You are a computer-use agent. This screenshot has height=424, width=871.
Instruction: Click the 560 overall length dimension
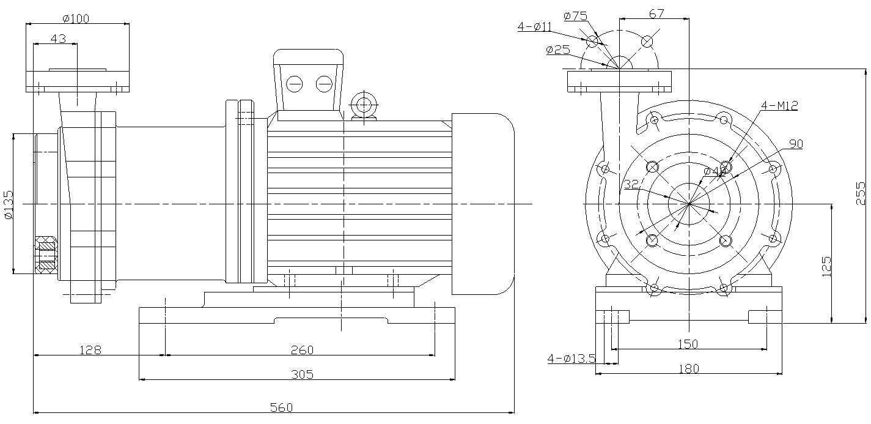tap(282, 407)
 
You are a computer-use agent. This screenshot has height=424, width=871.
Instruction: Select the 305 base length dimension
tap(302, 374)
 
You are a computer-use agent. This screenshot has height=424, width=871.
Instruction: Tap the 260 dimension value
tap(302, 349)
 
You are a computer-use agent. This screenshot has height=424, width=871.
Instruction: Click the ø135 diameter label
tap(8, 204)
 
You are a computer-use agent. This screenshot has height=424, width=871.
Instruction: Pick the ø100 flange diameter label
tap(75, 18)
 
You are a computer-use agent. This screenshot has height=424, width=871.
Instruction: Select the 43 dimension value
tap(58, 38)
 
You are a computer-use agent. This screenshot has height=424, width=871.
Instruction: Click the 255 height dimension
tap(861, 193)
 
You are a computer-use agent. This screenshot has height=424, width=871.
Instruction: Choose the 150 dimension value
tap(688, 344)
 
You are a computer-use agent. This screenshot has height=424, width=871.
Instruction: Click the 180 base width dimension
tap(688, 368)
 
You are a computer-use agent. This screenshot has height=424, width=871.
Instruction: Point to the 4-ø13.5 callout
tap(571, 358)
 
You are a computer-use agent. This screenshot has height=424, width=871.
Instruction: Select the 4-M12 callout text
tap(779, 105)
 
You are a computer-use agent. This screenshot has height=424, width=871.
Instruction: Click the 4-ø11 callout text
tap(534, 26)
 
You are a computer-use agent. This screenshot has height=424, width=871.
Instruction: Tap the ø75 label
tap(576, 15)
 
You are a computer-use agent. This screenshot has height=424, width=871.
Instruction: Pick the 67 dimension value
tap(656, 13)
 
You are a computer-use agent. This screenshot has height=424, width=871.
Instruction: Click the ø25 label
tap(558, 50)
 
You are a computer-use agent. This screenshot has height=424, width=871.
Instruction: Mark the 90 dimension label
tap(796, 144)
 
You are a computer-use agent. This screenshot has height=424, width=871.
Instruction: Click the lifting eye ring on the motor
tap(364, 103)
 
